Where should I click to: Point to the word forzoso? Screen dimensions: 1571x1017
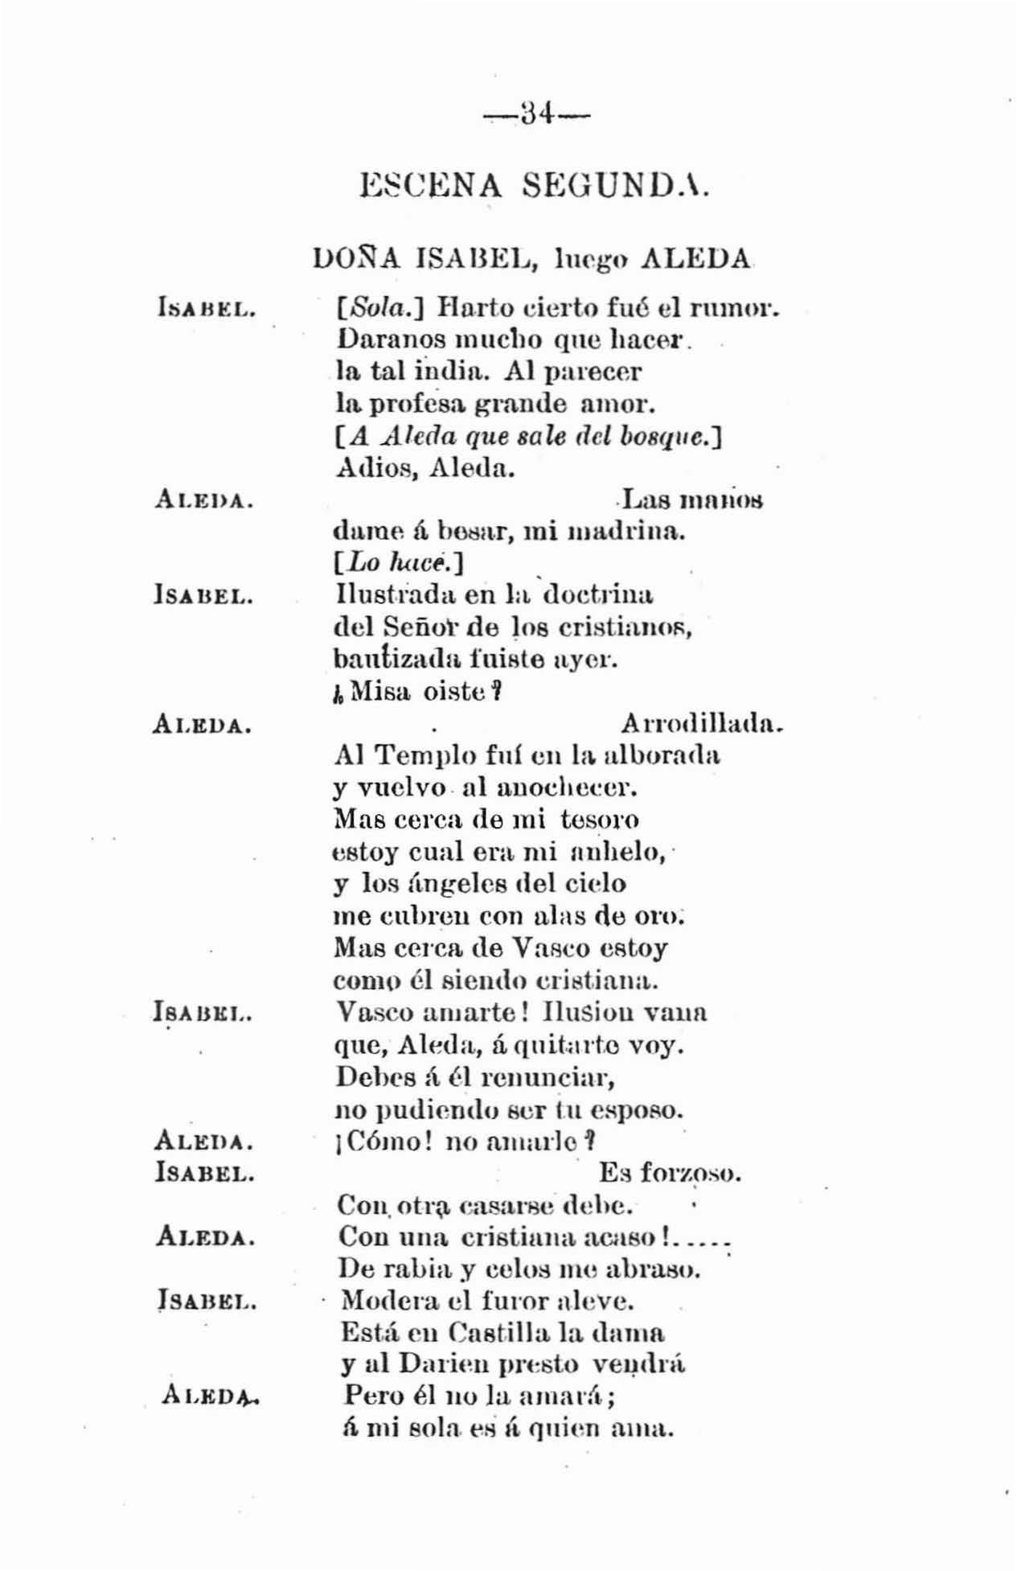pos(690,1174)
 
